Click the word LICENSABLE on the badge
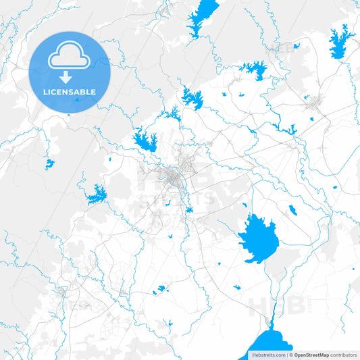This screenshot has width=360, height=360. tap(70, 92)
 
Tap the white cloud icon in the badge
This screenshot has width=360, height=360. tap(70, 56)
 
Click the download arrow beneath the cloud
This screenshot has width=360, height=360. tap(70, 76)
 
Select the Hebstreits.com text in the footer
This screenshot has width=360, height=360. tap(267, 355)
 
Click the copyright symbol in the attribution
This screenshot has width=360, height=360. tap(290, 355)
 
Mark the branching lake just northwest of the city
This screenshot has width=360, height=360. tap(146, 140)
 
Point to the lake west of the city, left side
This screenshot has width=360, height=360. tap(96, 195)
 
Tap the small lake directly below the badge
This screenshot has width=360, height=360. tap(49, 163)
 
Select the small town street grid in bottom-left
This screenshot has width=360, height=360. tap(62, 292)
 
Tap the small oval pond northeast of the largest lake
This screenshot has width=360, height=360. tap(292, 209)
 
